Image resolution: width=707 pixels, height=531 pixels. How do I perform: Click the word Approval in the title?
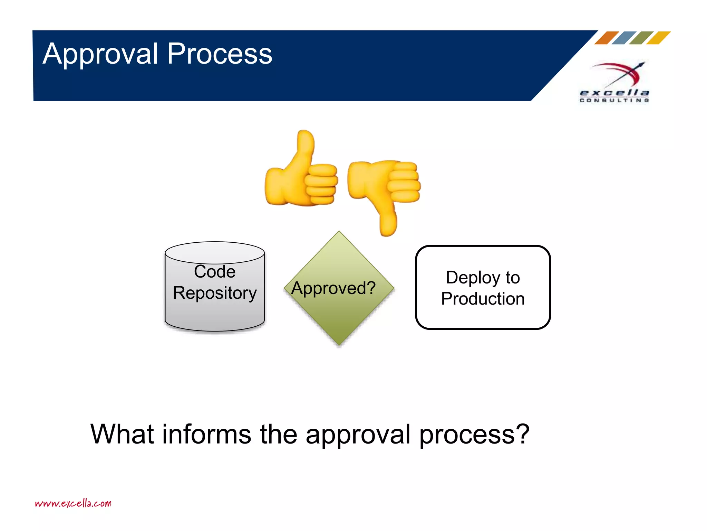[100, 54]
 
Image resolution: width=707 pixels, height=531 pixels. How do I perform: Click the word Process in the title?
[220, 54]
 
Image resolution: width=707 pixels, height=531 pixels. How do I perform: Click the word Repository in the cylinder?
[215, 293]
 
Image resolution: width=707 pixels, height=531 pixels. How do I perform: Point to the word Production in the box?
[483, 299]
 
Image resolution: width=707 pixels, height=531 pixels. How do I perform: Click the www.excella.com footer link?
[73, 503]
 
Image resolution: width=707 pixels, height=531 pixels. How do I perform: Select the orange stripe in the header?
[607, 38]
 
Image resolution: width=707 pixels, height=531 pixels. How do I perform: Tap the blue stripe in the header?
[624, 38]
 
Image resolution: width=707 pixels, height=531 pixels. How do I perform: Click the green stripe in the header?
[641, 38]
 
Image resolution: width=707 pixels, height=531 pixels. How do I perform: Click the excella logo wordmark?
[614, 93]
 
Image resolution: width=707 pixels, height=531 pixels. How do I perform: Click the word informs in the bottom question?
[206, 434]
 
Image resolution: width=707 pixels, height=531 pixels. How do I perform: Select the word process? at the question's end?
[474, 435]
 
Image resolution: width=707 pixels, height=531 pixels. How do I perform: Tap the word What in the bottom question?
[122, 434]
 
